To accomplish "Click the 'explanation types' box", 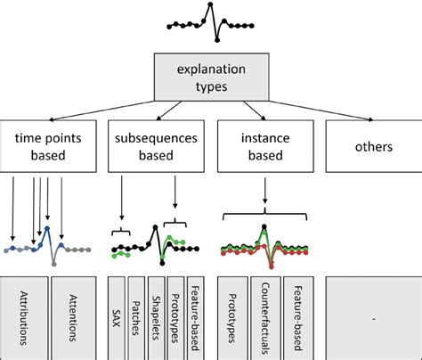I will click(211, 76).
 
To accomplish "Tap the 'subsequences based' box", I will click(157, 145).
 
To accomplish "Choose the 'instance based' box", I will click(263, 145).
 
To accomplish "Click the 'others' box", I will click(369, 145).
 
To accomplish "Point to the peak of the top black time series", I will click(210, 5).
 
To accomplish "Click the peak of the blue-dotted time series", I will click(46, 229).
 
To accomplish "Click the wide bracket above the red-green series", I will click(264, 213).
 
